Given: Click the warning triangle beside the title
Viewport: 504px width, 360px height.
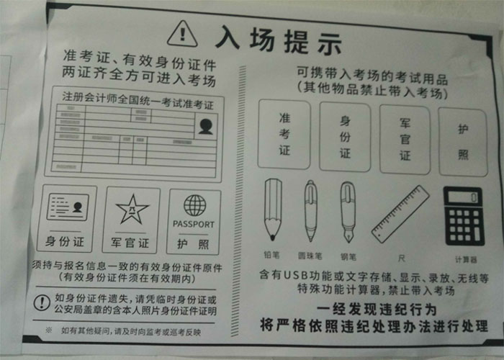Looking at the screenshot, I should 182,33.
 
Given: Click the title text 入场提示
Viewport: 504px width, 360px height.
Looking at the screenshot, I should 277,37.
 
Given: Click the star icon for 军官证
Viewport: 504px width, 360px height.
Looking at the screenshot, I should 132,209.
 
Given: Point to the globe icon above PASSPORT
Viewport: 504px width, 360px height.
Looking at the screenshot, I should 194,205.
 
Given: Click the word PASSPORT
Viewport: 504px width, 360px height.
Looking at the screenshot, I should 194,224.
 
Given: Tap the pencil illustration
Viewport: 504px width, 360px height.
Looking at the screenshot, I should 273,209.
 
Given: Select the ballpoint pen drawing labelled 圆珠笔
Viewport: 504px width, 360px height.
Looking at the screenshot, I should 310,210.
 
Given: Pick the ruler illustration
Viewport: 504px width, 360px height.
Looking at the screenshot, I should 400,214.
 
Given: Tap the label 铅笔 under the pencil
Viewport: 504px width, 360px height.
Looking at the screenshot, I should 272,255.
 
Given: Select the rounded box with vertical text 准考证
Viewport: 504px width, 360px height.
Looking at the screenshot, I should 284,134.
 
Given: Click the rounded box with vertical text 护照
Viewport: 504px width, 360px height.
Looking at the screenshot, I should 462,141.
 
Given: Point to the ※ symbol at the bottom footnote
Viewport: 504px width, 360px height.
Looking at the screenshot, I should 48,330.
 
